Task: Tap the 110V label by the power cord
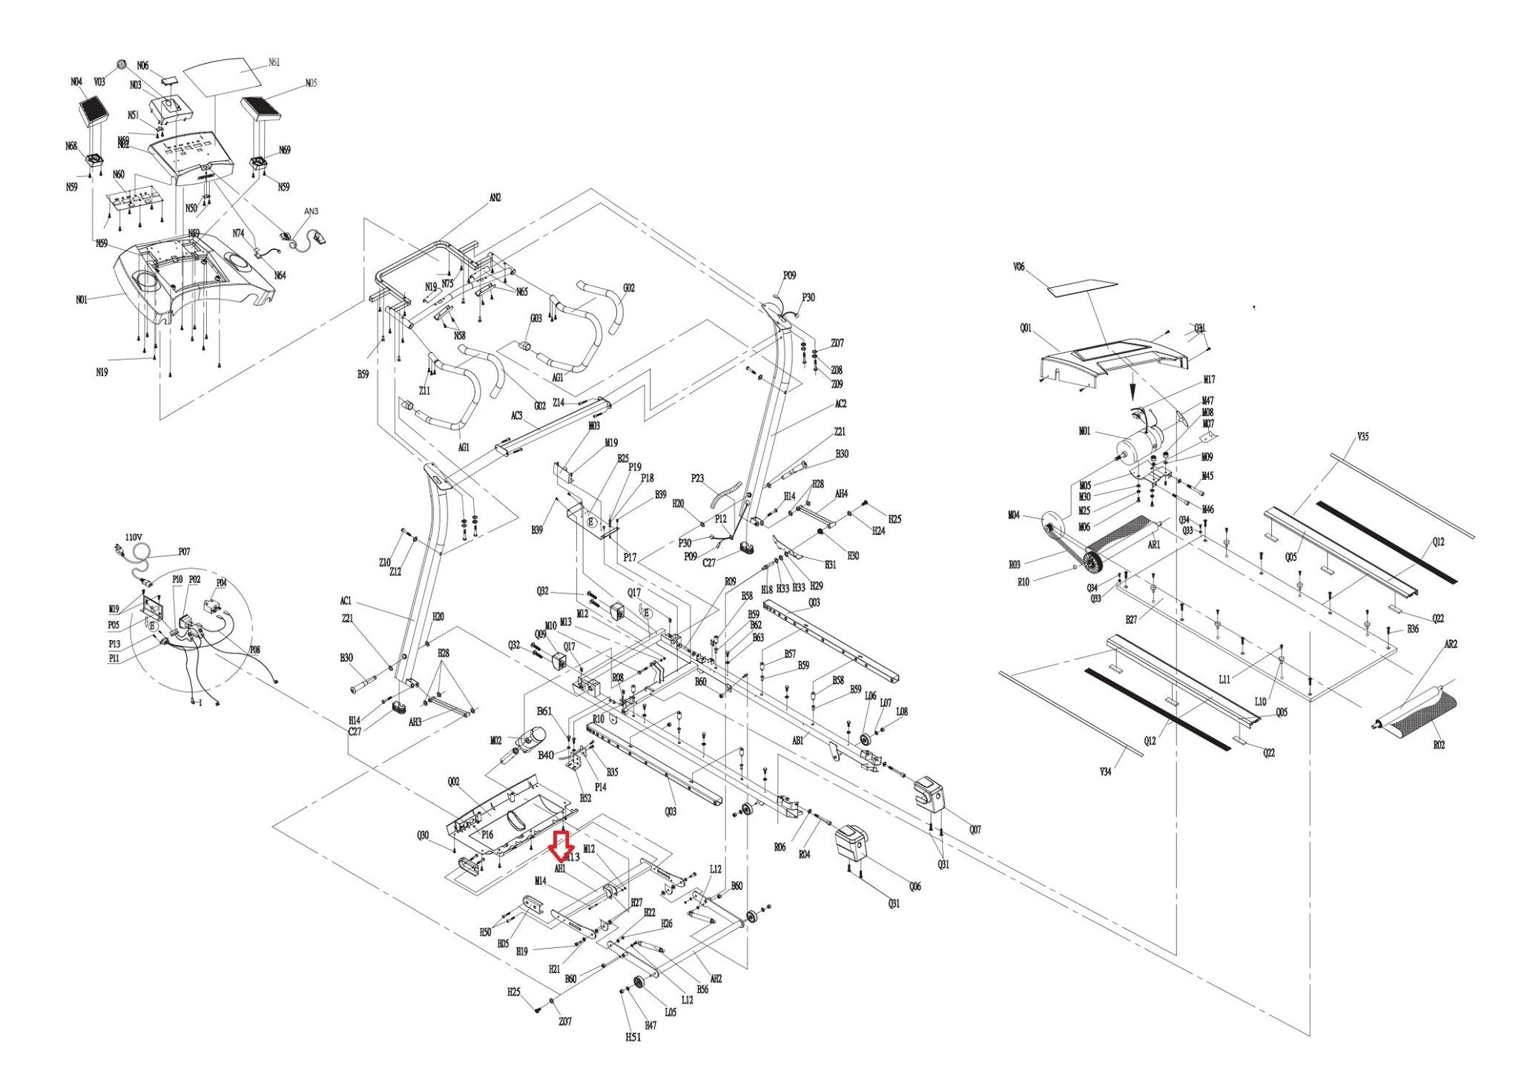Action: point(134,536)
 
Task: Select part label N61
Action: point(274,62)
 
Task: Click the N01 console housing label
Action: point(82,300)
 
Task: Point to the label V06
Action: point(1018,267)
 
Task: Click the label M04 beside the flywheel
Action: point(1014,515)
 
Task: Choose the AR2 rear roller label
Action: point(1451,645)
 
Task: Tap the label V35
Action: point(1363,437)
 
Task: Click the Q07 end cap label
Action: point(975,830)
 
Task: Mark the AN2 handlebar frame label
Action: point(495,198)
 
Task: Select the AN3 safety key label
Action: point(312,211)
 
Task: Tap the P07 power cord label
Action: point(184,552)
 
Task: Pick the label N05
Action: point(311,83)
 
